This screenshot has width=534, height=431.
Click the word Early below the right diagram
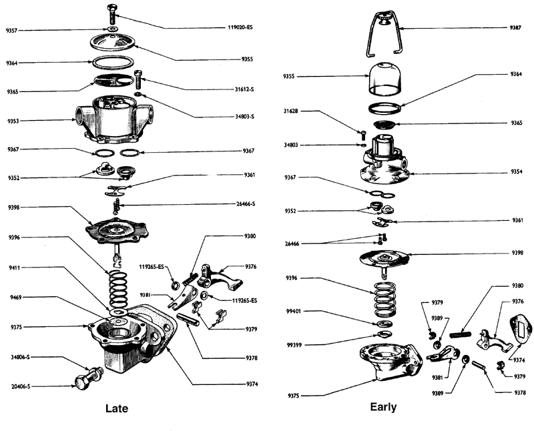pyautogui.click(x=382, y=406)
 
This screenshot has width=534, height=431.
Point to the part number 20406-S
pyautogui.click(x=20, y=386)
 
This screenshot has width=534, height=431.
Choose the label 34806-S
pyautogui.click(x=20, y=357)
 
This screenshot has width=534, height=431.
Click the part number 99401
pyautogui.click(x=295, y=312)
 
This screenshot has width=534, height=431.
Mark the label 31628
pyautogui.click(x=292, y=111)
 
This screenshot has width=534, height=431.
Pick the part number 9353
pyautogui.click(x=13, y=121)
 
